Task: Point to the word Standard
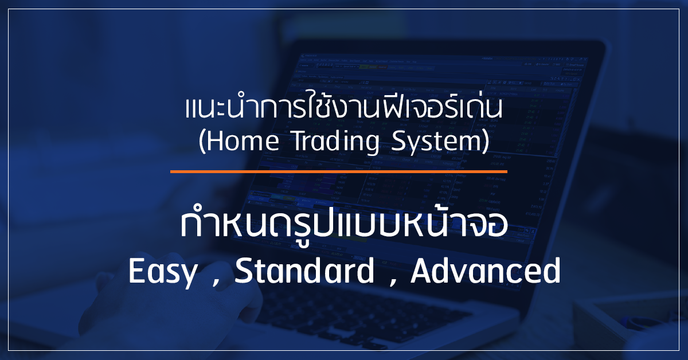click(x=304, y=271)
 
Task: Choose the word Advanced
click(x=486, y=271)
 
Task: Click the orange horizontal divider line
click(x=338, y=172)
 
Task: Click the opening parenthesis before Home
click(x=202, y=142)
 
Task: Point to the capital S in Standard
click(x=243, y=271)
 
